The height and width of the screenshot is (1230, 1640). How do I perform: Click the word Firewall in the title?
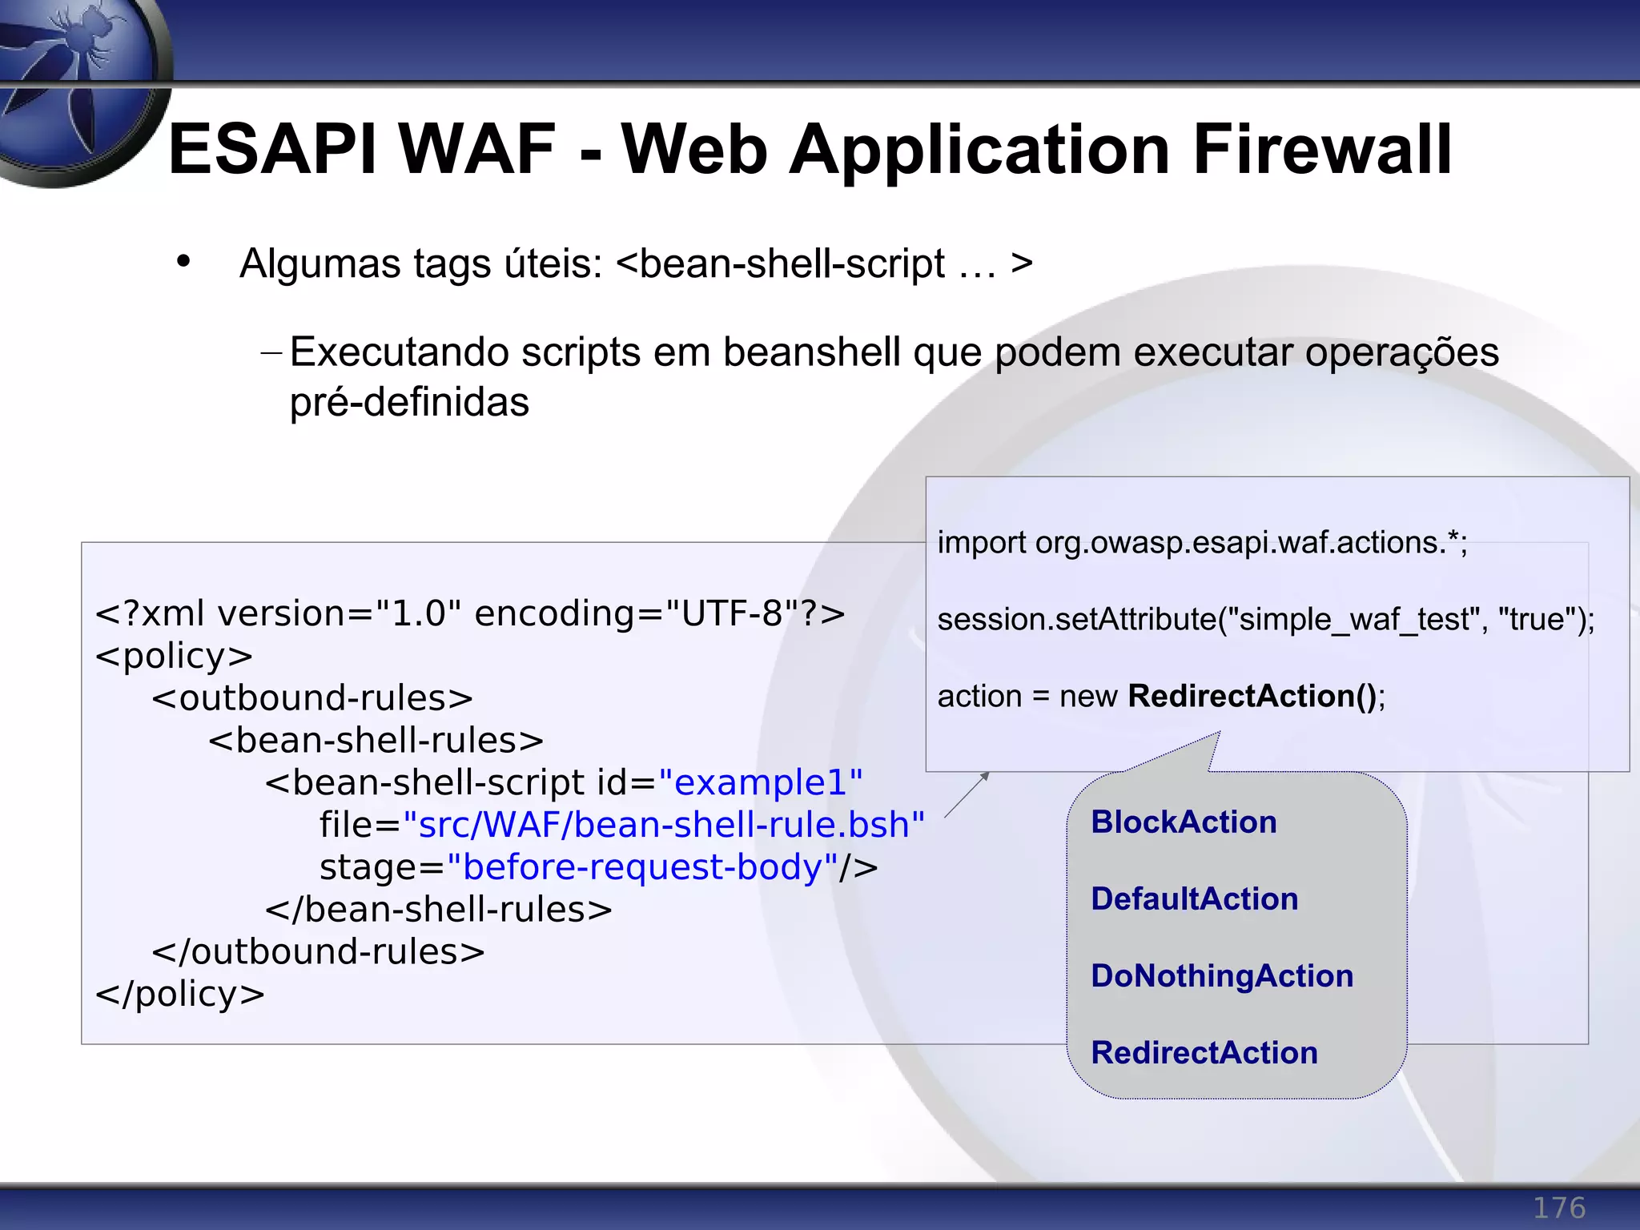click(x=1321, y=150)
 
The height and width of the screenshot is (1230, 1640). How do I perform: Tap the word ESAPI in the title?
click(x=272, y=150)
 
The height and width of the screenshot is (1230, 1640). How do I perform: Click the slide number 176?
click(x=1558, y=1208)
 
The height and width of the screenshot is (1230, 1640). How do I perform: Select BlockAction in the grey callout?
click(x=1184, y=822)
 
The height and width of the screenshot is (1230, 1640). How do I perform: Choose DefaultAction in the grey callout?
click(x=1194, y=899)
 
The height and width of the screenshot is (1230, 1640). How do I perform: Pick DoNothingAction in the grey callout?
click(x=1222, y=976)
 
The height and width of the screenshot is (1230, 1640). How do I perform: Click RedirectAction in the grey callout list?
click(x=1204, y=1053)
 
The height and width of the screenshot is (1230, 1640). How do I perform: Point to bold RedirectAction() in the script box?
click(x=1252, y=696)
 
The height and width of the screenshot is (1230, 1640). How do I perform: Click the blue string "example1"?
click(x=760, y=782)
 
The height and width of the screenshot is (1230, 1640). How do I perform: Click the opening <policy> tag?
click(x=174, y=656)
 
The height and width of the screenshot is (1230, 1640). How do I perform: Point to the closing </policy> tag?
click(x=179, y=994)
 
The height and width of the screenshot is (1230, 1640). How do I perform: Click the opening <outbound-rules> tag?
click(x=312, y=698)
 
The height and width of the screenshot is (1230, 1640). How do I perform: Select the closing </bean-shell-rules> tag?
click(x=438, y=910)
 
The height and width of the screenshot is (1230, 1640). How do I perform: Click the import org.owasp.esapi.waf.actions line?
click(x=1201, y=543)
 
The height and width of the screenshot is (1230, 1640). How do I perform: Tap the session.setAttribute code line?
click(x=1265, y=619)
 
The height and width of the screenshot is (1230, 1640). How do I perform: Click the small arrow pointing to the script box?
click(x=967, y=794)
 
